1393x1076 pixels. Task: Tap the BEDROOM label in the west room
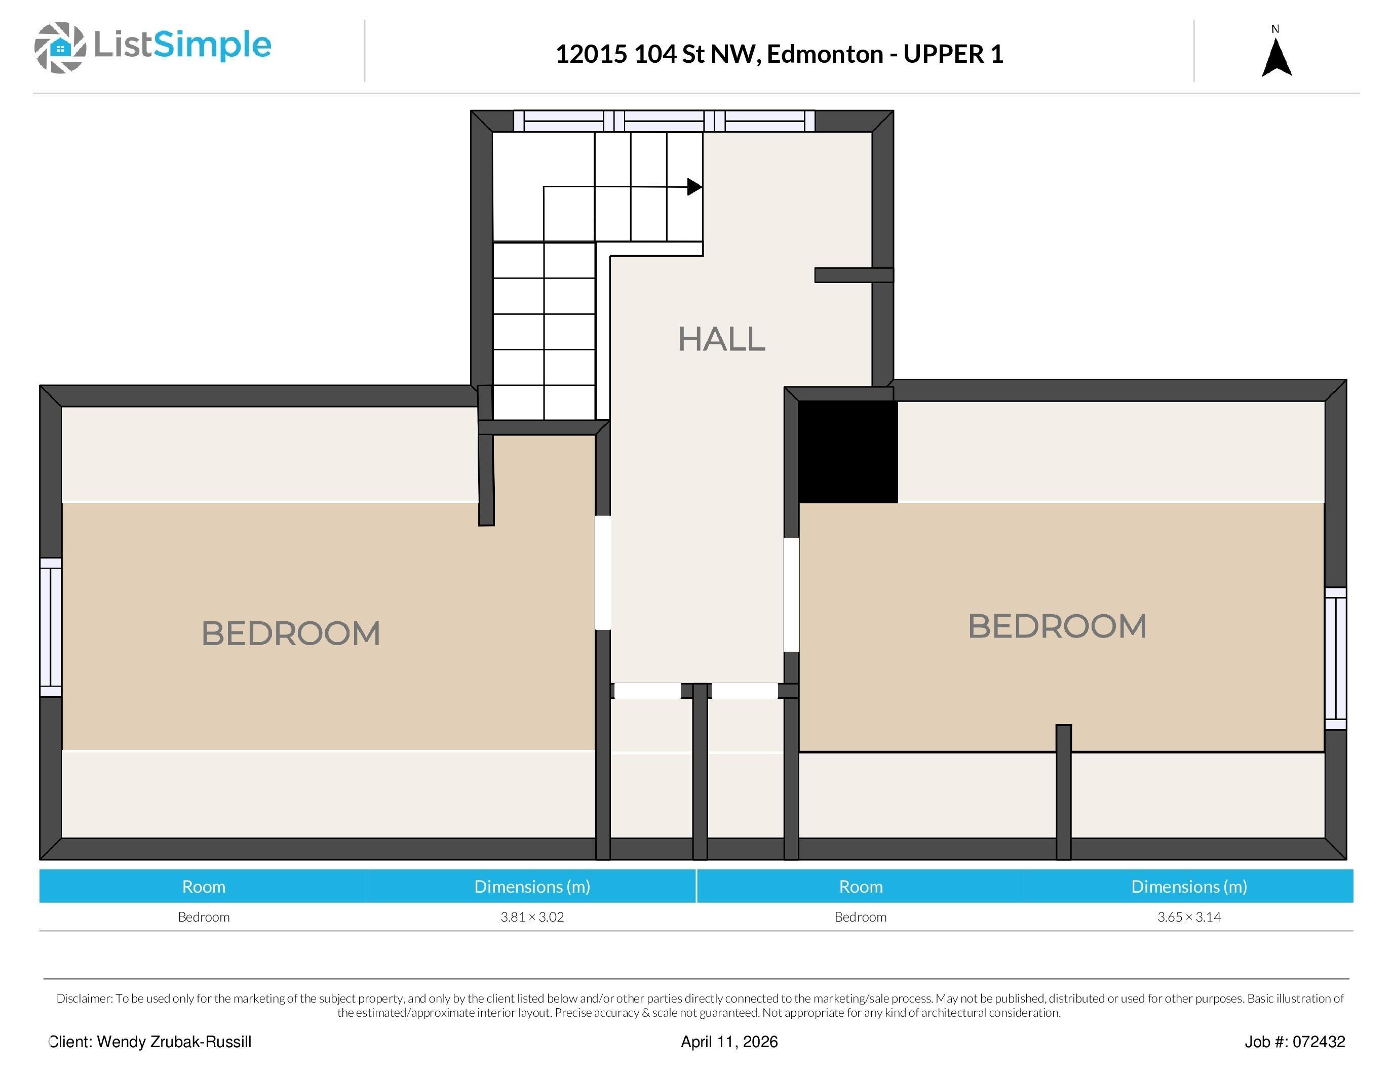point(291,633)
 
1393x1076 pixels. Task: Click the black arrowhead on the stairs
point(694,187)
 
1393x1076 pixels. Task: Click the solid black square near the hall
point(848,451)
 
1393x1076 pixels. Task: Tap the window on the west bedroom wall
point(51,627)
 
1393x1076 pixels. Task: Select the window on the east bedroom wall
point(1336,658)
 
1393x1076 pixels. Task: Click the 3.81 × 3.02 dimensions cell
point(532,916)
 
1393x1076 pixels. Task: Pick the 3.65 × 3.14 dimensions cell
point(1189,916)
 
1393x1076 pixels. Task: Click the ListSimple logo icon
point(60,47)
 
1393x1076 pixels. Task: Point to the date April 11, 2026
point(729,1042)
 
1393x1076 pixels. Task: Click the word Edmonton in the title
point(825,54)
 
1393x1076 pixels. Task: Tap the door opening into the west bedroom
point(603,572)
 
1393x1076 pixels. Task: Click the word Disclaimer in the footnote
point(84,998)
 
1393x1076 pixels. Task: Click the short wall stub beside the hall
point(854,275)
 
